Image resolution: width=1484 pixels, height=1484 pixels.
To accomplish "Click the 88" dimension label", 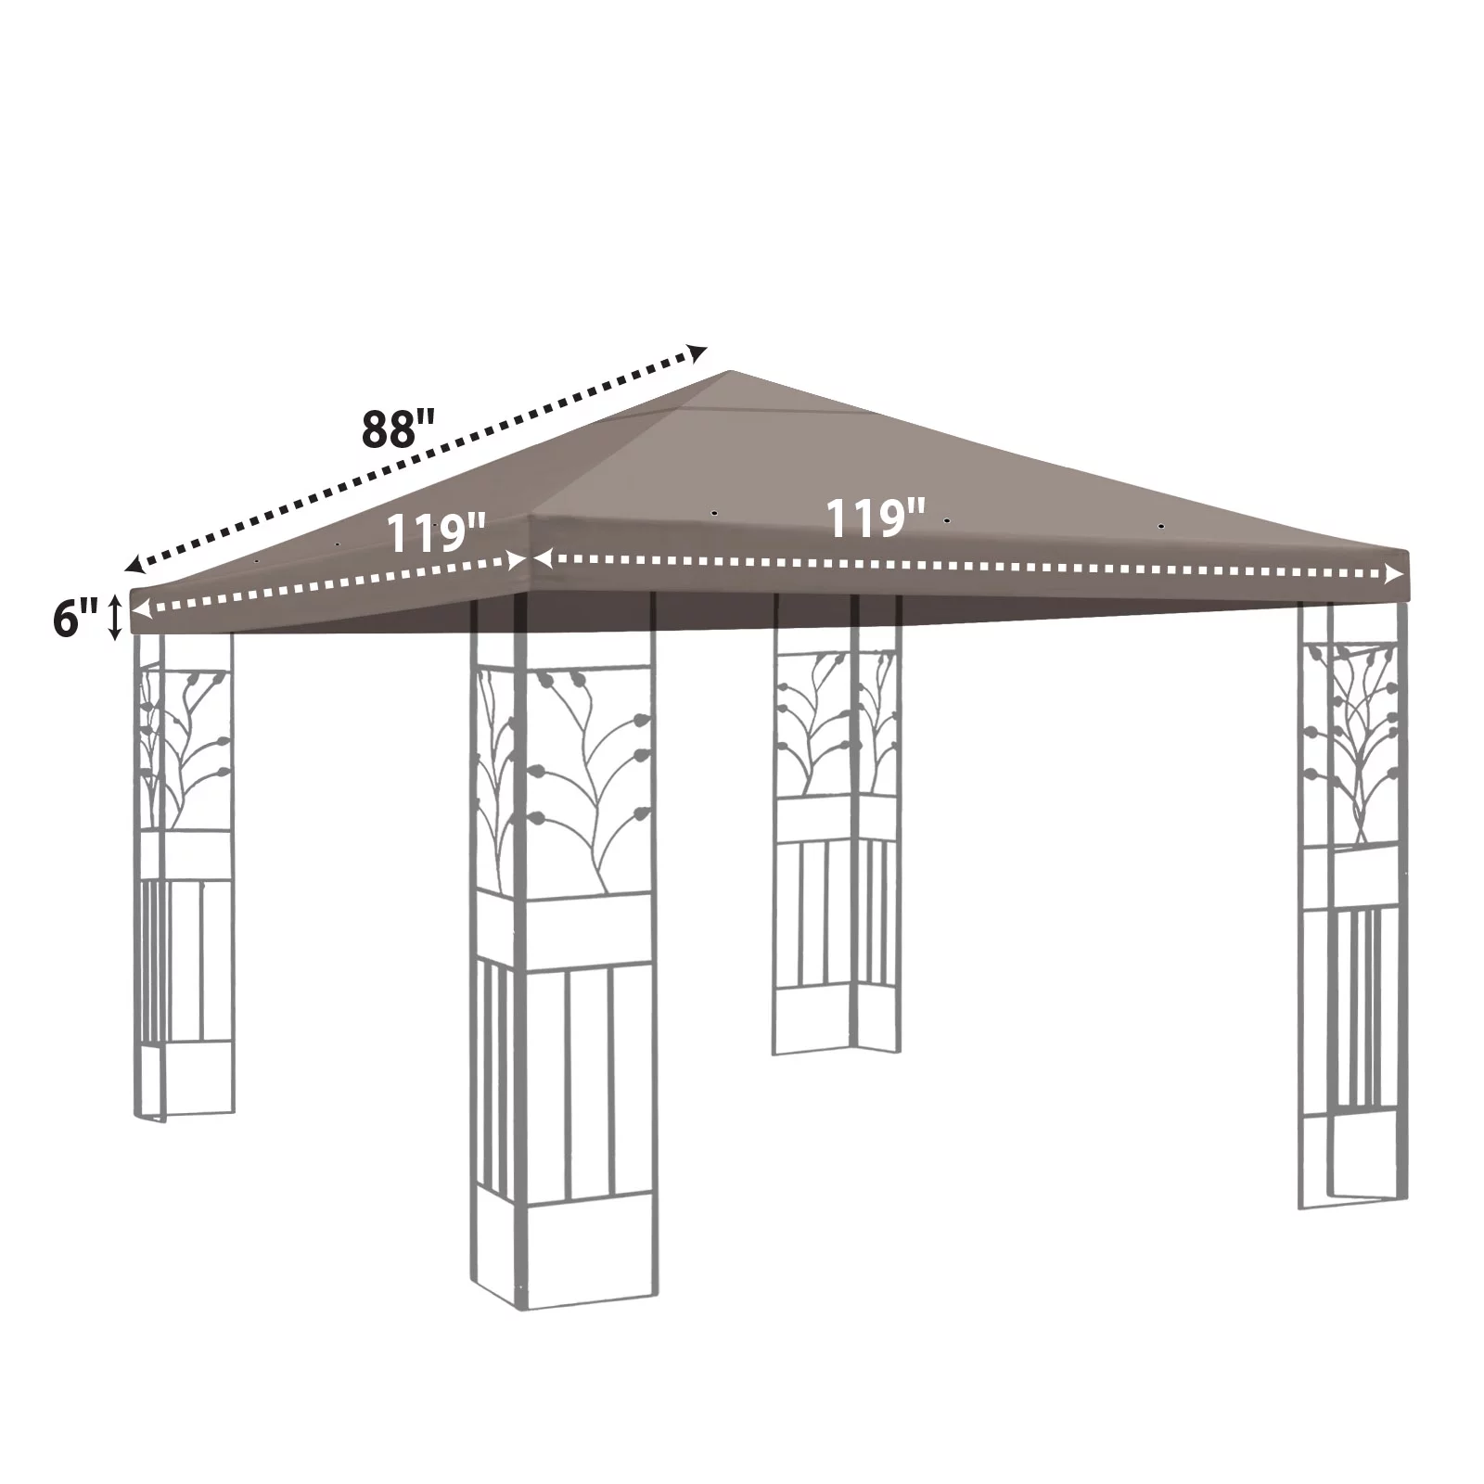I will (398, 429).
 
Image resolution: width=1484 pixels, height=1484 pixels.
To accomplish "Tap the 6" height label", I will (74, 619).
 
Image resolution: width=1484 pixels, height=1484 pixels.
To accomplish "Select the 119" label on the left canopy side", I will (435, 533).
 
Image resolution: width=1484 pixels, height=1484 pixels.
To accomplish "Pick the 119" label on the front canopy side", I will (875, 518).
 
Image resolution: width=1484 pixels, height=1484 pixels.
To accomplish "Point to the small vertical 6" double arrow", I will (115, 618).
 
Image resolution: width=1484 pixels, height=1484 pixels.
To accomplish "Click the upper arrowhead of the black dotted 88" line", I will (697, 351).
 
